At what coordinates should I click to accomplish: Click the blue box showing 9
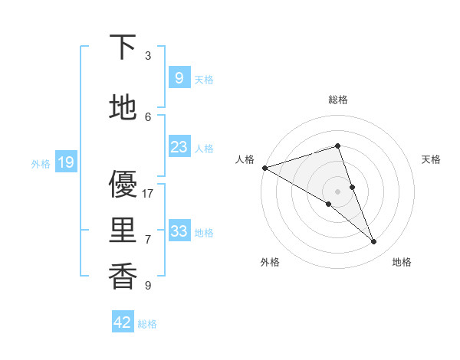pyautogui.click(x=179, y=78)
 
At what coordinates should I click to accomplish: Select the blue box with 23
pyautogui.click(x=179, y=147)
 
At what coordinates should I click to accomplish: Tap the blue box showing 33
pyautogui.click(x=179, y=231)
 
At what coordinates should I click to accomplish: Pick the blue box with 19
pyautogui.click(x=65, y=162)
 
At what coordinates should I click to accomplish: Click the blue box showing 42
pyautogui.click(x=123, y=322)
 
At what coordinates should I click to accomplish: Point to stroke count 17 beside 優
pyautogui.click(x=148, y=194)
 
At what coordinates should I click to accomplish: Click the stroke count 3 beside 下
pyautogui.click(x=148, y=56)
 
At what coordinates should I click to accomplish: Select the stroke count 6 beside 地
pyautogui.click(x=148, y=117)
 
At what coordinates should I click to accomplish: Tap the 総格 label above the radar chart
pyautogui.click(x=338, y=100)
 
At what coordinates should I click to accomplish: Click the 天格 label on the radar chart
pyautogui.click(x=431, y=159)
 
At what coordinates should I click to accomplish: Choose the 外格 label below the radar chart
pyautogui.click(x=270, y=263)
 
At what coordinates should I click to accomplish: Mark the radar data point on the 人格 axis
pyautogui.click(x=264, y=167)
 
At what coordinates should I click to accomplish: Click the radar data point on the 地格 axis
pyautogui.click(x=374, y=242)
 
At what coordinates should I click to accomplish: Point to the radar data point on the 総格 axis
pyautogui.click(x=338, y=146)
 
